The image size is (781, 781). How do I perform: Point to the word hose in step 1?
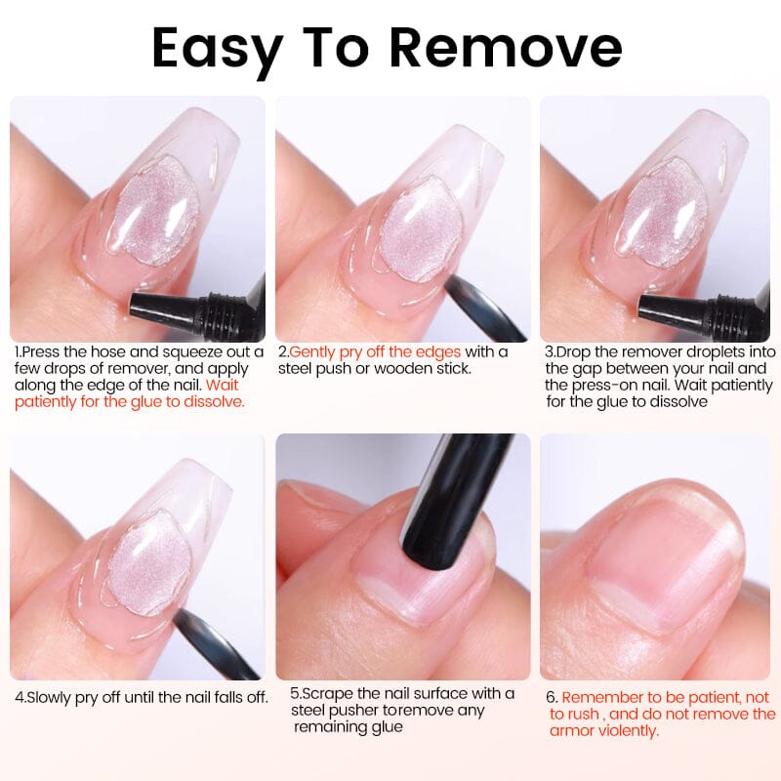110,351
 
